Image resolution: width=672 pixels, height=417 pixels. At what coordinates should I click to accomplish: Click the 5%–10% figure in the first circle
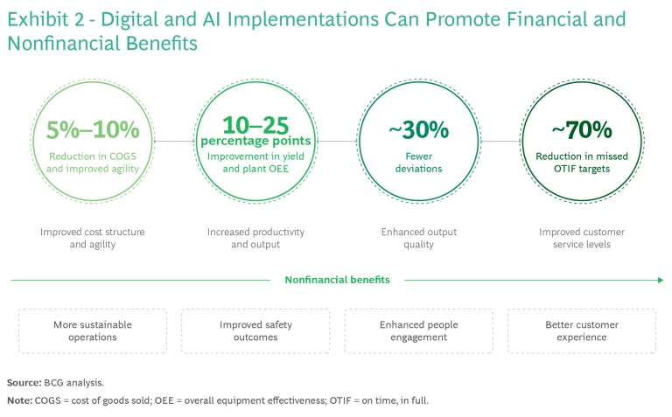pyautogui.click(x=93, y=129)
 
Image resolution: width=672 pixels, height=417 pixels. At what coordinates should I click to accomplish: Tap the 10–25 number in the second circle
pyautogui.click(x=255, y=125)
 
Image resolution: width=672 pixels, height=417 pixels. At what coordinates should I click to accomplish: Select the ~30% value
pyautogui.click(x=419, y=129)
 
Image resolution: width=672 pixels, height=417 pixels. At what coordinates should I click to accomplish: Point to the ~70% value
pyautogui.click(x=582, y=129)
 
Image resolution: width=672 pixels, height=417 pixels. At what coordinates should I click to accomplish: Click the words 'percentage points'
pyautogui.click(x=255, y=141)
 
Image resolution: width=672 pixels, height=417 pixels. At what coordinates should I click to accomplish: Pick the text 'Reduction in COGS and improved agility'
pyautogui.click(x=93, y=163)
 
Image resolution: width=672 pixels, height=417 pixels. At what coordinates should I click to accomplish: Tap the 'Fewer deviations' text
pyautogui.click(x=419, y=163)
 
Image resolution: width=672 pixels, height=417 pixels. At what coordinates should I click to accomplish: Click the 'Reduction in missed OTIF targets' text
pyautogui.click(x=582, y=163)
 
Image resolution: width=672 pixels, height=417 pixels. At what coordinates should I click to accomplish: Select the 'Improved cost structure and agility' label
pyautogui.click(x=93, y=238)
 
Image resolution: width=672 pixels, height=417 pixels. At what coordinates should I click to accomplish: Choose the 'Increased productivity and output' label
pyautogui.click(x=255, y=238)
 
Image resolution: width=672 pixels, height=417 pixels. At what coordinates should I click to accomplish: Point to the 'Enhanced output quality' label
pyautogui.click(x=419, y=238)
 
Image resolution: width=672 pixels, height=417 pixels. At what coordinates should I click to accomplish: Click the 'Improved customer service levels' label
pyautogui.click(x=582, y=238)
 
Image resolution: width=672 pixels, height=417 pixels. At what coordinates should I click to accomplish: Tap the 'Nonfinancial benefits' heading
pyautogui.click(x=337, y=280)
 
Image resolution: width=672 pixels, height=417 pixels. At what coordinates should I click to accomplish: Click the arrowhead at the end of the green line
pyautogui.click(x=661, y=280)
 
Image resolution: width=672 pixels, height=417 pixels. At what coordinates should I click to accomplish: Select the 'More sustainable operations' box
pyautogui.click(x=93, y=331)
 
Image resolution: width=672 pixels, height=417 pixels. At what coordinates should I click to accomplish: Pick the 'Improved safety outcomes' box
pyautogui.click(x=255, y=331)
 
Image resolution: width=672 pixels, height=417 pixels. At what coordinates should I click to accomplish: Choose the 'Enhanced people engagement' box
pyautogui.click(x=419, y=331)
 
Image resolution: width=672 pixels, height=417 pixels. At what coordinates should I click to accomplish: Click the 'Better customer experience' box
pyautogui.click(x=582, y=331)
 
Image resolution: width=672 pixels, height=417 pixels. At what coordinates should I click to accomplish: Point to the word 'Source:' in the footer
pyautogui.click(x=24, y=383)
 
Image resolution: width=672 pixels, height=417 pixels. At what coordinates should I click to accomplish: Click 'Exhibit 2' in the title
pyautogui.click(x=45, y=20)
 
